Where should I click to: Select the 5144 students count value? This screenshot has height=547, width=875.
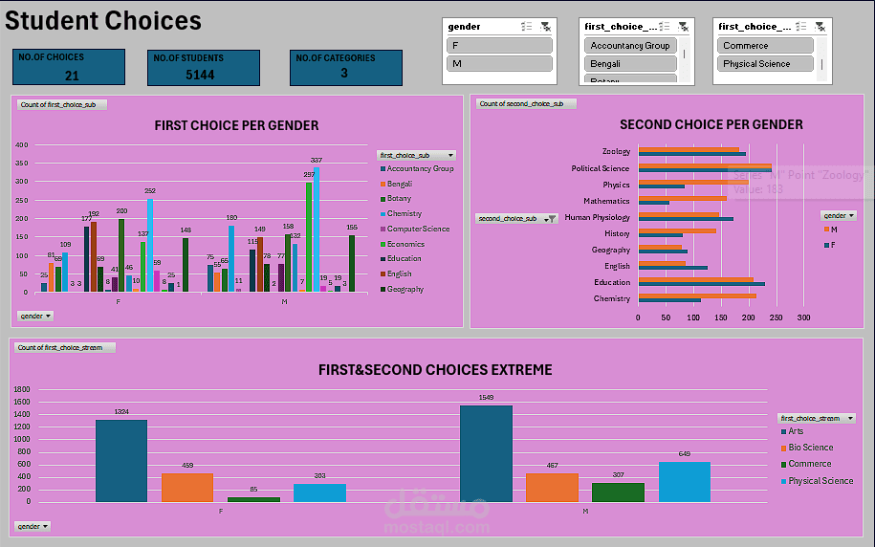pyautogui.click(x=200, y=75)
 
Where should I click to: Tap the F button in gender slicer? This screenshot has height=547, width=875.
pyautogui.click(x=499, y=45)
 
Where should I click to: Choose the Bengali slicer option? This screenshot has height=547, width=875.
pyautogui.click(x=630, y=64)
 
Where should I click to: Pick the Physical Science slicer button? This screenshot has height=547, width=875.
pyautogui.click(x=765, y=64)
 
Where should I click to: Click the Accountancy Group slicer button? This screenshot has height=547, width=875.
pyautogui.click(x=630, y=45)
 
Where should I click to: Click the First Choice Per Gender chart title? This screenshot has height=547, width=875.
pyautogui.click(x=236, y=125)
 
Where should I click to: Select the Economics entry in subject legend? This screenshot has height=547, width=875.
pyautogui.click(x=405, y=244)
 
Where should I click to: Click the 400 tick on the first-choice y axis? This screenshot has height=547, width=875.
pyautogui.click(x=22, y=145)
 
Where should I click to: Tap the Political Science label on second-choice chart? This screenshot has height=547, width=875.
pyautogui.click(x=601, y=168)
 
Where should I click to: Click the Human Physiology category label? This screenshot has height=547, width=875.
pyautogui.click(x=597, y=217)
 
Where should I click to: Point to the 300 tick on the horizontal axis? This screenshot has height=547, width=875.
pyautogui.click(x=803, y=317)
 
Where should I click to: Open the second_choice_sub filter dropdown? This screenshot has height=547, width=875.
pyautogui.click(x=550, y=219)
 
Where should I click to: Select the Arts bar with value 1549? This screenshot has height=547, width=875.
pyautogui.click(x=486, y=453)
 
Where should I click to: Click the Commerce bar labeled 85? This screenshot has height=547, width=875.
pyautogui.click(x=253, y=498)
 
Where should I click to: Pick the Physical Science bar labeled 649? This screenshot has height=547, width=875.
pyautogui.click(x=685, y=481)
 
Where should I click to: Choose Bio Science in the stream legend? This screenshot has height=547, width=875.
pyautogui.click(x=810, y=448)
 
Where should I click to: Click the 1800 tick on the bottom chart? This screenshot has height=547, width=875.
pyautogui.click(x=22, y=390)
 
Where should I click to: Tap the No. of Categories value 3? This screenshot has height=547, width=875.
pyautogui.click(x=344, y=74)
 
